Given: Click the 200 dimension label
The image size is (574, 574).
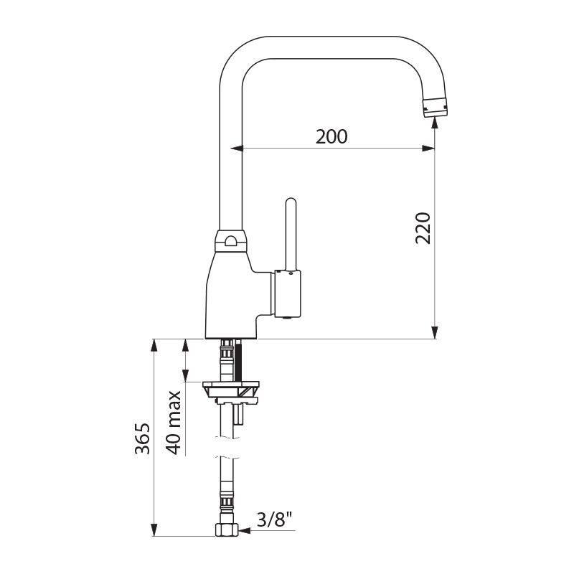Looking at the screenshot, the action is pos(331,136).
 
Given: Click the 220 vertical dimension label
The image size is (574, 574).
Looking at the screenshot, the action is pos(423,227).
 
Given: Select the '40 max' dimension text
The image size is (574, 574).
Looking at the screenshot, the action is pos(173,422).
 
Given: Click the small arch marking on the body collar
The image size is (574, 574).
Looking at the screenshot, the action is pos(230,241).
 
